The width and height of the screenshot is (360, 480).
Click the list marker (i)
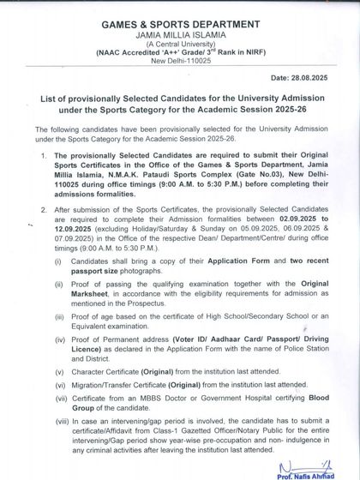(x=57, y=258)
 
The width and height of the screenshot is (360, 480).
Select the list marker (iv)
(x=58, y=339)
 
